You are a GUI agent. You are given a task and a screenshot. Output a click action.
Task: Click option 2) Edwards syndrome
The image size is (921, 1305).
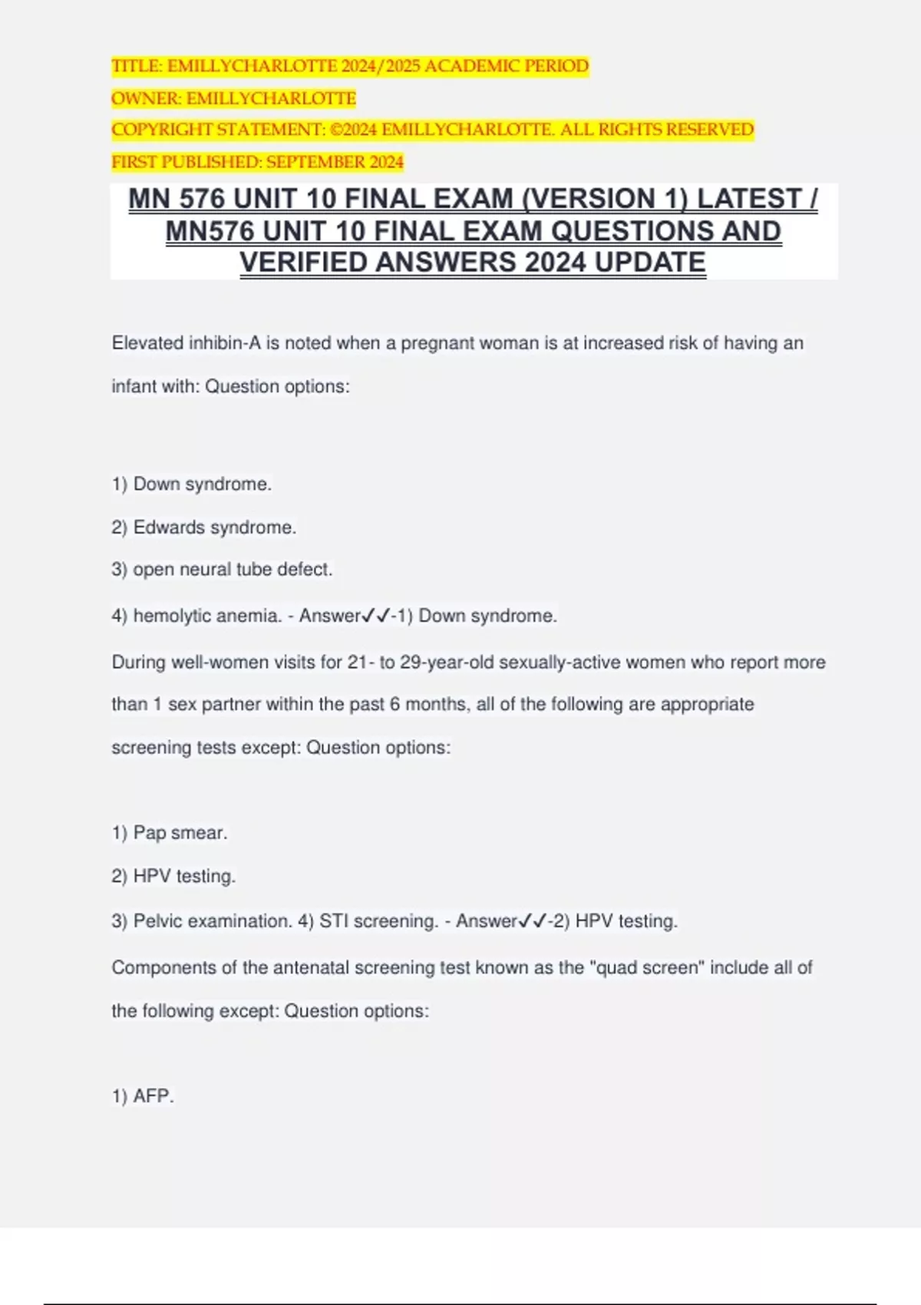click(203, 527)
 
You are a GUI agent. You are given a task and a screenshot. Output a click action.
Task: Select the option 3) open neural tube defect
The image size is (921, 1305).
click(222, 570)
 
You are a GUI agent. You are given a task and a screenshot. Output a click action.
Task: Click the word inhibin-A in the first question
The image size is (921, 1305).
click(224, 343)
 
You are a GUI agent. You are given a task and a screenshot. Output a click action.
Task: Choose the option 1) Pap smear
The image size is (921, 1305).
click(170, 833)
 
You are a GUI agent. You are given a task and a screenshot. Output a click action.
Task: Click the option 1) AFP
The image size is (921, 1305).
click(143, 1096)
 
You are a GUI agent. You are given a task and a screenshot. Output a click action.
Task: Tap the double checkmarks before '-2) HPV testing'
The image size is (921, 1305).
click(533, 921)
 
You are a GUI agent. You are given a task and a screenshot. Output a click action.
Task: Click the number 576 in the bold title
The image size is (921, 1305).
click(203, 199)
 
